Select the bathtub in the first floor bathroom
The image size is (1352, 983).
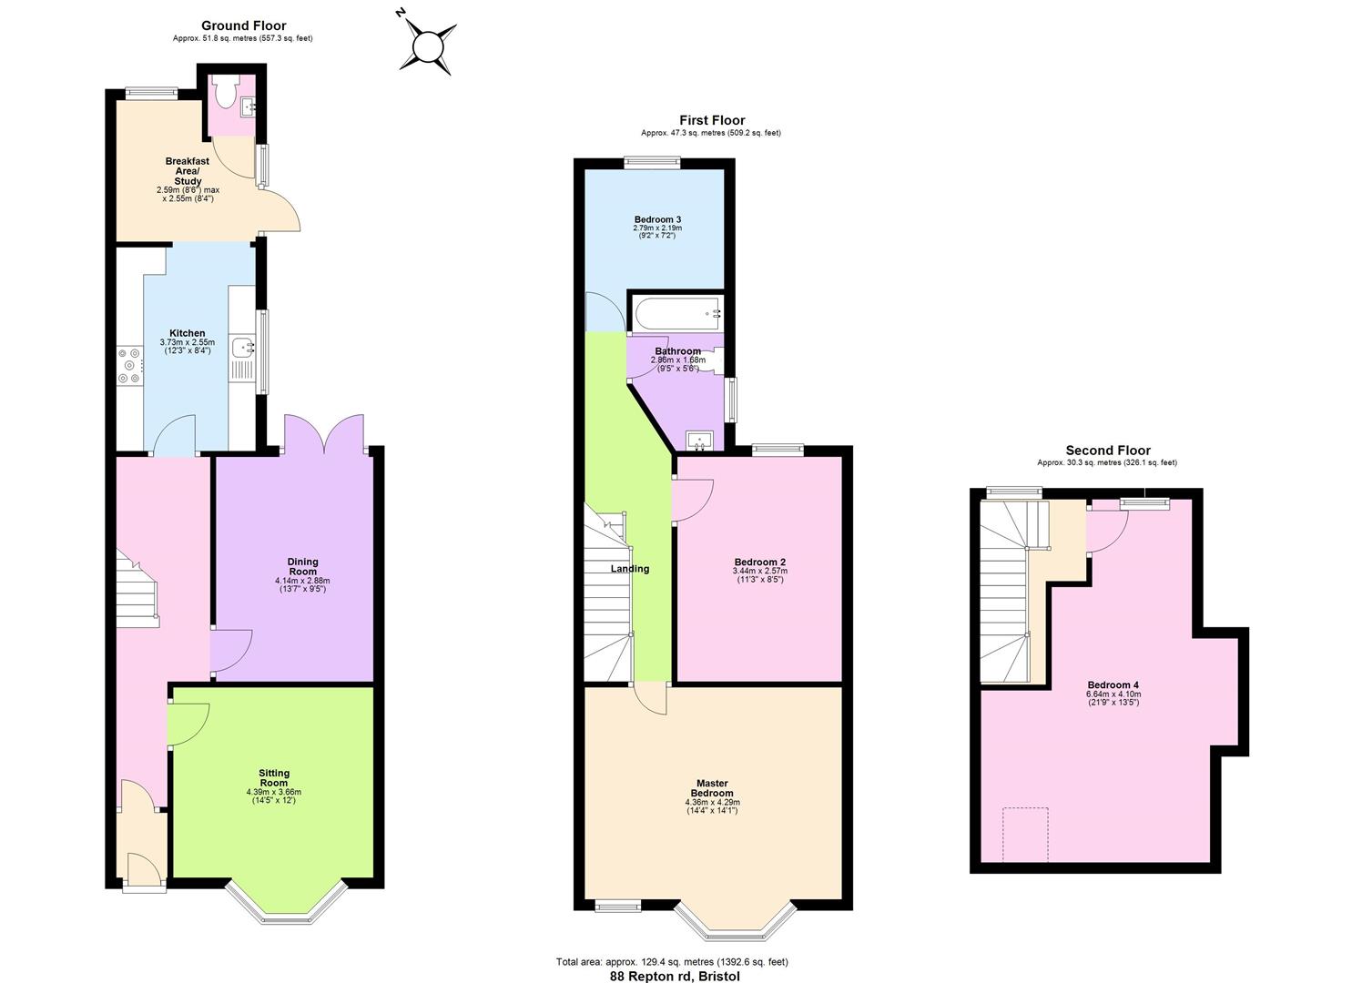pyautogui.click(x=675, y=314)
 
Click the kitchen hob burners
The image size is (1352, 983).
pyautogui.click(x=128, y=365)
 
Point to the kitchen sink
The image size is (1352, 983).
pyautogui.click(x=243, y=347)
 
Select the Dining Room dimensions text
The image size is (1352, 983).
pyautogui.click(x=302, y=584)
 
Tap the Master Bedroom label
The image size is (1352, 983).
pyautogui.click(x=712, y=788)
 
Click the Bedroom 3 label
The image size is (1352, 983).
pyautogui.click(x=657, y=219)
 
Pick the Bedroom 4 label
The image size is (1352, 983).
pyautogui.click(x=1113, y=685)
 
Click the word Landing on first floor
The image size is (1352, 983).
pyautogui.click(x=630, y=569)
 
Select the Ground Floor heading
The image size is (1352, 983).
pyautogui.click(x=243, y=25)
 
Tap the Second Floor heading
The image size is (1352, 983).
pyautogui.click(x=1107, y=451)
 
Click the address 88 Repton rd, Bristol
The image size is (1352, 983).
pyautogui.click(x=675, y=976)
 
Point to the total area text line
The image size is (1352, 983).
pyautogui.click(x=672, y=961)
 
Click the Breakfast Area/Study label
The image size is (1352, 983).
pyautogui.click(x=188, y=171)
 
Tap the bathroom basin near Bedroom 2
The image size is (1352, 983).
pyautogui.click(x=699, y=442)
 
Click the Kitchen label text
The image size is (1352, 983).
pyautogui.click(x=188, y=333)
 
